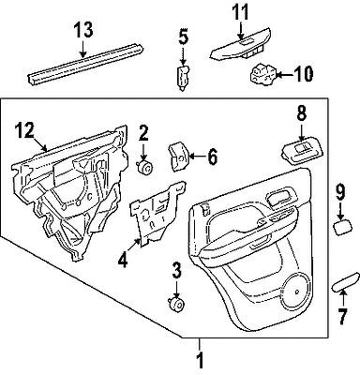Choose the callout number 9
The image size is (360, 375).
click(338, 195)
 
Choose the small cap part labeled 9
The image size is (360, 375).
click(342, 225)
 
